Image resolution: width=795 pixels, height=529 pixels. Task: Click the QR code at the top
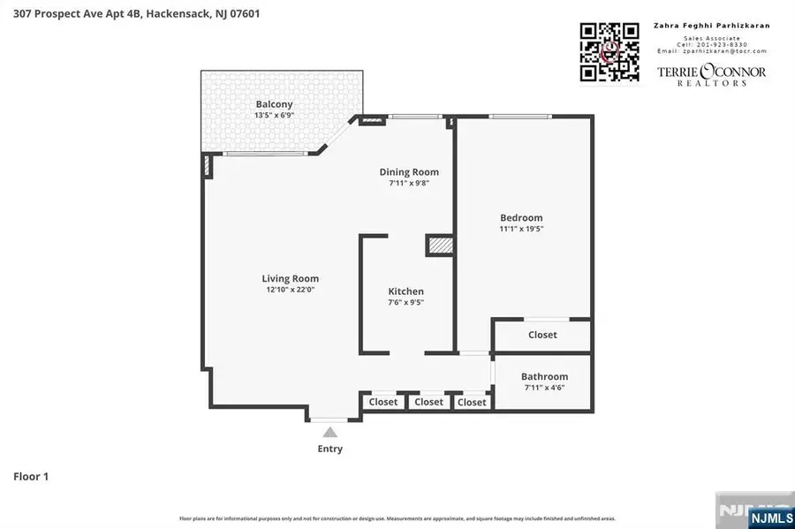(609, 52)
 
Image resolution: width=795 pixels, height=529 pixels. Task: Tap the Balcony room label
(274, 104)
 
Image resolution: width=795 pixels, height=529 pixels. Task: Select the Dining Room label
(409, 172)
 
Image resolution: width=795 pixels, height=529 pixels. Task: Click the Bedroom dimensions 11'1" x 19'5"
(521, 229)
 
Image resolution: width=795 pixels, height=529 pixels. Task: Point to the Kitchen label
(406, 291)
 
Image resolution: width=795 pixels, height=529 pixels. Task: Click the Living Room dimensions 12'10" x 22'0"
(290, 290)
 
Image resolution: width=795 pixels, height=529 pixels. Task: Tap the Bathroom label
(544, 376)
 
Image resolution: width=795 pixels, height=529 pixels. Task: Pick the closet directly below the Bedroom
(542, 335)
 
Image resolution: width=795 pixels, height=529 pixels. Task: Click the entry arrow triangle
(330, 432)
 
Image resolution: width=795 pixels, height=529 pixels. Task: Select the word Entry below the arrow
(330, 449)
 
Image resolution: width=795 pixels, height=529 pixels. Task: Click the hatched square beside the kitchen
(439, 245)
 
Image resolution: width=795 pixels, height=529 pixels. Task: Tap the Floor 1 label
(31, 477)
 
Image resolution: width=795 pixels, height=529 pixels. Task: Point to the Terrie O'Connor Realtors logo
(711, 73)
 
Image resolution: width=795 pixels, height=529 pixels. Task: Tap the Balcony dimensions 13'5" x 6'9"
(274, 116)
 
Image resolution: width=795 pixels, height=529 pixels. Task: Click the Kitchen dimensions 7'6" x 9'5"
(406, 303)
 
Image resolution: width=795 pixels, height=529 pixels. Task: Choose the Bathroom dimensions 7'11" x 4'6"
(544, 388)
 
